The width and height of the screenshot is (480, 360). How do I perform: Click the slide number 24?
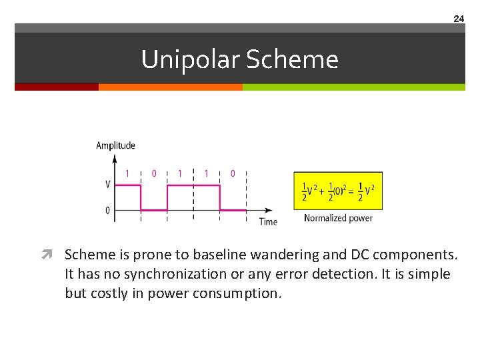[x=459, y=19]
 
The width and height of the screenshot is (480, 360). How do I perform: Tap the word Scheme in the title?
[x=292, y=60]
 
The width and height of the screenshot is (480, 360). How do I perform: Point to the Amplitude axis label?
[x=115, y=145]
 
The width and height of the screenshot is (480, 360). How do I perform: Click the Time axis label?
[x=268, y=221]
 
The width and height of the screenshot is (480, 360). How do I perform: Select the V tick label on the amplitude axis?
[x=107, y=185]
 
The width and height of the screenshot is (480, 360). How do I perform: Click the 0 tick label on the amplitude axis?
[x=107, y=210]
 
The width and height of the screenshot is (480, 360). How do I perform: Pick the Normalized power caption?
[x=338, y=218]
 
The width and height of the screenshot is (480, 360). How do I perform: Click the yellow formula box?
[x=338, y=191]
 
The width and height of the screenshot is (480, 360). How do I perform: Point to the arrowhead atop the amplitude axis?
[x=115, y=157]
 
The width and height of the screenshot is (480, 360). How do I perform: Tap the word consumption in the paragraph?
[x=238, y=293]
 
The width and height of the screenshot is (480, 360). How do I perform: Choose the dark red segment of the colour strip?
[x=57, y=87]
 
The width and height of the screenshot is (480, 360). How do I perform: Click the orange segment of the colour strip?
[x=170, y=87]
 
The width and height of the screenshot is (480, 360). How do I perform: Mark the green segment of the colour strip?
[x=353, y=87]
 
